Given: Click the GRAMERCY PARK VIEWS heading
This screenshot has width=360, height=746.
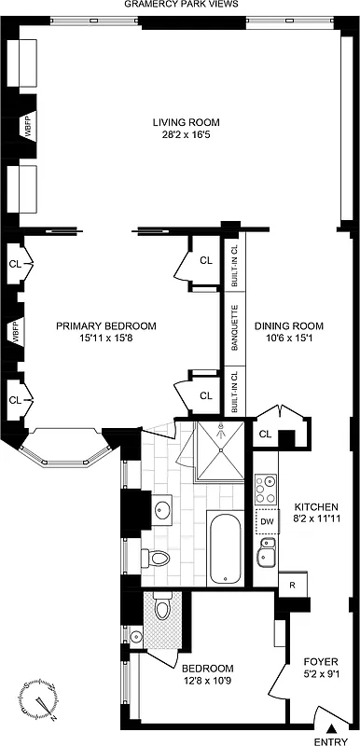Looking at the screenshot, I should pos(180,5).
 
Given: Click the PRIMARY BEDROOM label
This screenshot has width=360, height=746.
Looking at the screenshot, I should pos(105,325).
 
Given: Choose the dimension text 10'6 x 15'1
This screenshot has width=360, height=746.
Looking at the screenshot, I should pos(288,339).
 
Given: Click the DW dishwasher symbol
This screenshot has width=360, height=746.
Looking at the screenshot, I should pos(267,522).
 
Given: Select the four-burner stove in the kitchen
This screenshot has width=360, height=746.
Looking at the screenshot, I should pos(266,488).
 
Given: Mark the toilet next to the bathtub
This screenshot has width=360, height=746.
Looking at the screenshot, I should pos(156,559).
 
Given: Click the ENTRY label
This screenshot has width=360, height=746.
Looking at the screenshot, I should pos(329,739).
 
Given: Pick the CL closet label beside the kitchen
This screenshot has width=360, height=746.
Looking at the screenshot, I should pos(265,434).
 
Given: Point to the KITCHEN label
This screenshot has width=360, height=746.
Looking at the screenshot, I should pos(316,506).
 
